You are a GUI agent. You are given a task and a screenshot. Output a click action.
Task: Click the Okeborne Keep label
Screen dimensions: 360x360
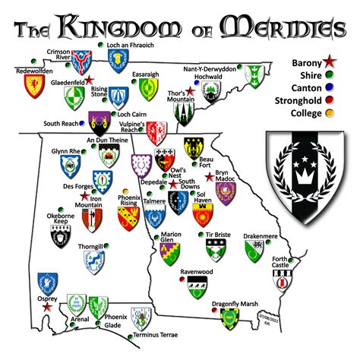point(61,220)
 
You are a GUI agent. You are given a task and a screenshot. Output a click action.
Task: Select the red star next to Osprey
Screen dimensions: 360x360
point(48,308)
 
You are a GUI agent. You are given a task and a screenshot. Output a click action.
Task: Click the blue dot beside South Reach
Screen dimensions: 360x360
point(82,123)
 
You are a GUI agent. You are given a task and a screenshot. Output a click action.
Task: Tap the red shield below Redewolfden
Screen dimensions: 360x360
point(33,86)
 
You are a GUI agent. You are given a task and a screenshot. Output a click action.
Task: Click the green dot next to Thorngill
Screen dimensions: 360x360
point(108,246)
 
